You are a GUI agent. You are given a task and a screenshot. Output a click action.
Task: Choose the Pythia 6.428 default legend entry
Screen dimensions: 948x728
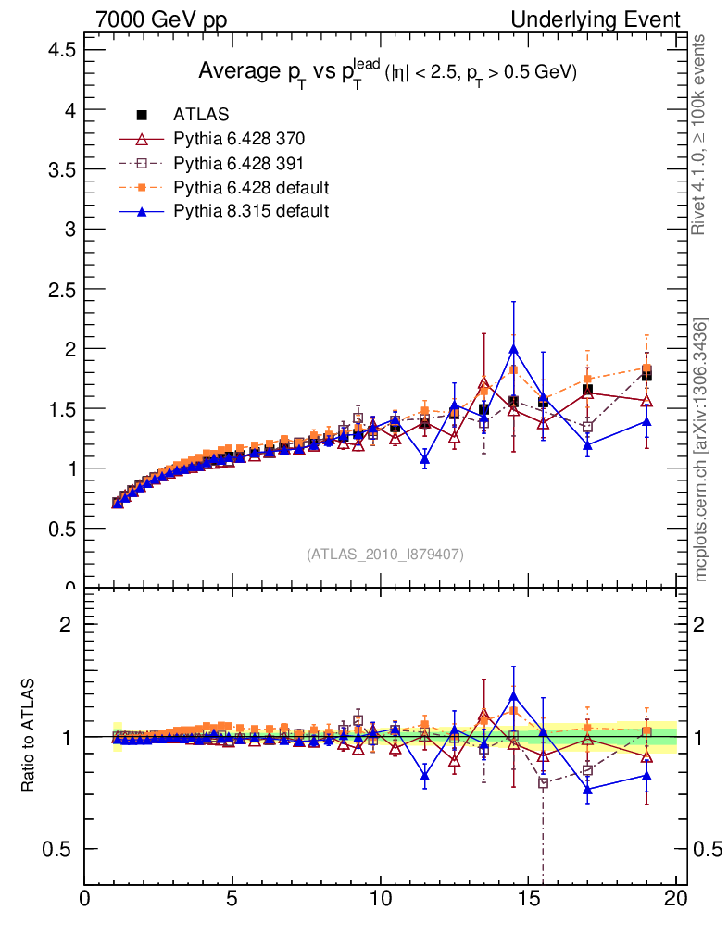click(251, 187)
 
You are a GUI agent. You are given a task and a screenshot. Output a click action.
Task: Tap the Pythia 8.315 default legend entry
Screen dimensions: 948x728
click(251, 211)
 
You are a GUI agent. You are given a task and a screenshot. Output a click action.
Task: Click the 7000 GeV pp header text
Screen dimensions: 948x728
click(160, 19)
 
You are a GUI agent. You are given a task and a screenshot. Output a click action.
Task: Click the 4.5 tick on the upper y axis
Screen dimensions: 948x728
click(61, 50)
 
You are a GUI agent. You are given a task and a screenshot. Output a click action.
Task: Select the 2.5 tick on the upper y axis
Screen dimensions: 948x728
click(61, 289)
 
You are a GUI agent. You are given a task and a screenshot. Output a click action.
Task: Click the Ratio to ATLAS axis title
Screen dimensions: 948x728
click(29, 736)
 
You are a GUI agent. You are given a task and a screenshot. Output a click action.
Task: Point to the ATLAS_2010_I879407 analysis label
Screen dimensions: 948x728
click(385, 554)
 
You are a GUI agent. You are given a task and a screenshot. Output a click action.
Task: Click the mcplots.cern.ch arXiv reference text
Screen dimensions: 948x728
click(702, 450)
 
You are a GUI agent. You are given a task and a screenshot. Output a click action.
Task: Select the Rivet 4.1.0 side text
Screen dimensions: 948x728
click(702, 134)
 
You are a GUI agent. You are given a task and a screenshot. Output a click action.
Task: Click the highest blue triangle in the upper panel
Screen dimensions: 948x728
click(513, 349)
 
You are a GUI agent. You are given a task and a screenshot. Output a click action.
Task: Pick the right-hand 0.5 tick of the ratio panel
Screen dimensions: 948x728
click(707, 849)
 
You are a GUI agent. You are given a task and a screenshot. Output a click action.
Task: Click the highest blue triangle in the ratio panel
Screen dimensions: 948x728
click(513, 696)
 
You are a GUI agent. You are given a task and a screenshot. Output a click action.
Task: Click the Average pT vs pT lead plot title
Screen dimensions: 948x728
click(387, 72)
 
